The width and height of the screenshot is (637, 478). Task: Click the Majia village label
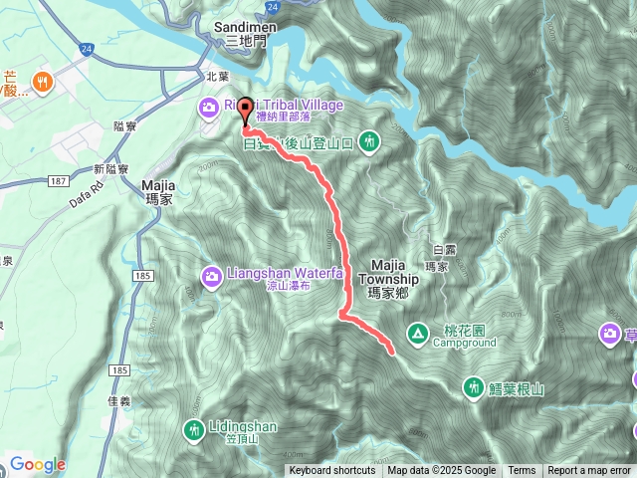point(159,185)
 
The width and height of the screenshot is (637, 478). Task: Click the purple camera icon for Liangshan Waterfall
point(211,275)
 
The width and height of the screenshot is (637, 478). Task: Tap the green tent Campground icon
point(417,332)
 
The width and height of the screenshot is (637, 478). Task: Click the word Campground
point(464,343)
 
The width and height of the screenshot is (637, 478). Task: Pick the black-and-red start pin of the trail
point(246,112)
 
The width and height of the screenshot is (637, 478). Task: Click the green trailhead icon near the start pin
point(369,142)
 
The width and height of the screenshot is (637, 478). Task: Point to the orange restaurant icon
point(42,81)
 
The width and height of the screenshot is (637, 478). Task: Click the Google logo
point(38,464)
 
